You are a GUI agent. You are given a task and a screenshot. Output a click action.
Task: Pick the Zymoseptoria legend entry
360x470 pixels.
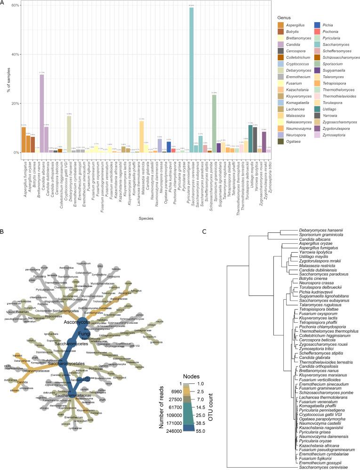point(339,135)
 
